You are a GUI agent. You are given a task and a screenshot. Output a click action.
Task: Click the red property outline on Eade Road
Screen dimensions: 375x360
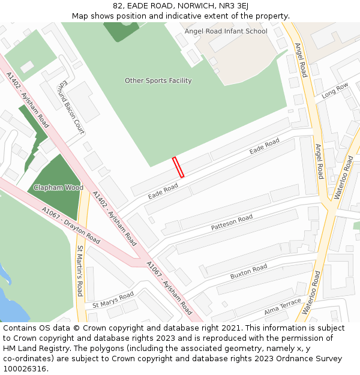(x=178, y=167)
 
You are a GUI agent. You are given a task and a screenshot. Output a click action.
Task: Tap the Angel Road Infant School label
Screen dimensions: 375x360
(x=226, y=31)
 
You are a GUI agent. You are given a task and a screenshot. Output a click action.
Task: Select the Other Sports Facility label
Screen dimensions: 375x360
(x=158, y=80)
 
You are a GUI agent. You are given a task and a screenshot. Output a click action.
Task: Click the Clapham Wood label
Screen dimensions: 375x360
(x=58, y=188)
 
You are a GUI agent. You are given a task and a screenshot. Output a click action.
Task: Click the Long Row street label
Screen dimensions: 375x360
(x=335, y=91)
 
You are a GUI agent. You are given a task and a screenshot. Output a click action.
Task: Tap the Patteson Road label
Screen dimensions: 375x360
(x=232, y=223)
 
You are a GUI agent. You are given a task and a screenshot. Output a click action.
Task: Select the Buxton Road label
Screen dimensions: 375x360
(x=248, y=272)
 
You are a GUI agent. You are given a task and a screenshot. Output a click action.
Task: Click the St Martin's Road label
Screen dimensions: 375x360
(x=79, y=271)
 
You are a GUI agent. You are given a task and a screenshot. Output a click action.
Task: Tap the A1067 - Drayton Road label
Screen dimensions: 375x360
(x=70, y=225)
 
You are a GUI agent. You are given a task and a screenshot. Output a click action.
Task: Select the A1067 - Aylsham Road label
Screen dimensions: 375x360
(x=169, y=288)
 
